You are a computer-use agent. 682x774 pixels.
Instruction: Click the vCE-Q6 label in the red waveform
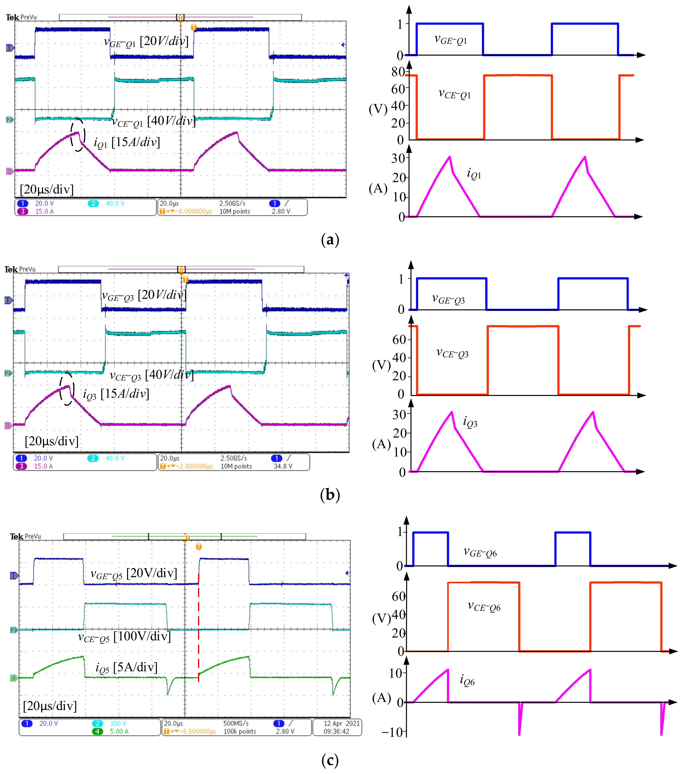tap(484, 606)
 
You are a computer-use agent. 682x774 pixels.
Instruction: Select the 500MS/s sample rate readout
tap(236, 723)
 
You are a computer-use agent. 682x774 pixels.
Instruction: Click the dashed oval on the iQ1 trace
tap(78, 135)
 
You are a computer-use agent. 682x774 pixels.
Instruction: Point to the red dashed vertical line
tap(198, 629)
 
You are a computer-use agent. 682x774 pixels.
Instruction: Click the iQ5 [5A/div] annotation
tap(127, 668)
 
